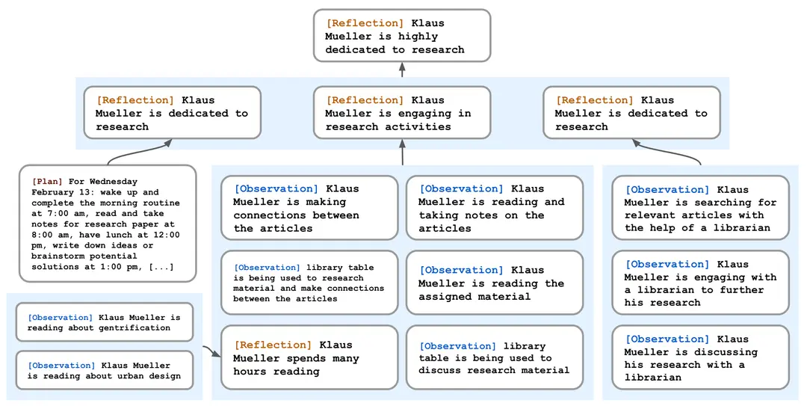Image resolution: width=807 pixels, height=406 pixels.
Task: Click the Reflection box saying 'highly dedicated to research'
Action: click(401, 36)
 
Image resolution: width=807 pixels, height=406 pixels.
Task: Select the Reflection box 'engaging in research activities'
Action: click(401, 113)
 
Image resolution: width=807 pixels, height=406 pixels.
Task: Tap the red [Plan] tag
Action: click(48, 182)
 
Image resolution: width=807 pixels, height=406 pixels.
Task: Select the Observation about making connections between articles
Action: click(309, 209)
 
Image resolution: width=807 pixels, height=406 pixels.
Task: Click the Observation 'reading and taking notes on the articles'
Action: click(494, 209)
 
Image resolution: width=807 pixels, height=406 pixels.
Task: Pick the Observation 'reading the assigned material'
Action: click(494, 283)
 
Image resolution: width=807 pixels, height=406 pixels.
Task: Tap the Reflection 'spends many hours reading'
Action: click(309, 357)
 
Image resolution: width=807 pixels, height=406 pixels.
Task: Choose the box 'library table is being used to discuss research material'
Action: click(494, 357)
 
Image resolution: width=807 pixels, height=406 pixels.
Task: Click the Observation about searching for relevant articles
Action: click(700, 209)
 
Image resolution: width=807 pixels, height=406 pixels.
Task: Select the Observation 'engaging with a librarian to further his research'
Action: click(700, 283)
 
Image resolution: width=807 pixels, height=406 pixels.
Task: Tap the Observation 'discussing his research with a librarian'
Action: click(700, 357)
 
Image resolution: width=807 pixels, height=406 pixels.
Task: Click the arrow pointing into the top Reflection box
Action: click(402, 70)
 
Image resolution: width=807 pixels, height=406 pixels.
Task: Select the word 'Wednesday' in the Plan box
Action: click(114, 182)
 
